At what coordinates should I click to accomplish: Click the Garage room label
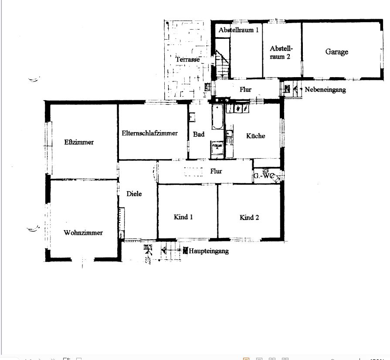(x=336, y=52)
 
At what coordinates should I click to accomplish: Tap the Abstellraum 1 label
(x=238, y=30)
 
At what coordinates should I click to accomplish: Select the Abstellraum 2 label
(x=281, y=52)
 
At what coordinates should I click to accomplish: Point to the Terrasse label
(x=188, y=59)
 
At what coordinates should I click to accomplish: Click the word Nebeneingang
(x=326, y=90)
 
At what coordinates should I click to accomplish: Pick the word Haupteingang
(x=209, y=251)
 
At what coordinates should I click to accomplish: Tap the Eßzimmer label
(x=79, y=142)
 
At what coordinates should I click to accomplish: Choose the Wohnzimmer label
(x=83, y=233)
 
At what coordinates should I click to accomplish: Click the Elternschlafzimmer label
(x=149, y=133)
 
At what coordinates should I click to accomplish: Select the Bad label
(x=199, y=134)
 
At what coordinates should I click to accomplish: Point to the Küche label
(x=255, y=136)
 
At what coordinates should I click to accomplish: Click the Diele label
(x=134, y=194)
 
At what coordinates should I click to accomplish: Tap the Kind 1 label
(x=183, y=217)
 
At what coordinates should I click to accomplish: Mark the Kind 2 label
(x=249, y=217)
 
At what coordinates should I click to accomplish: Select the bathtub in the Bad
(x=217, y=117)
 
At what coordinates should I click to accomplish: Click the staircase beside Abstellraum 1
(x=222, y=64)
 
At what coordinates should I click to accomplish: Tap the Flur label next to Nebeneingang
(x=245, y=90)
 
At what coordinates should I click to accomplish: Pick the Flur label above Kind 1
(x=216, y=171)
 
